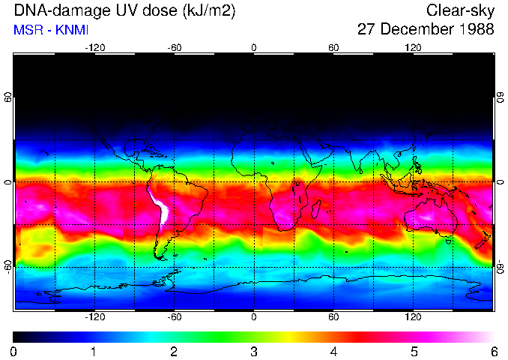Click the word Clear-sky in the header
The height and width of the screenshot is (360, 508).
coord(460,10)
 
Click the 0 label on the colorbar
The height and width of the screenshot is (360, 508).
coord(14,351)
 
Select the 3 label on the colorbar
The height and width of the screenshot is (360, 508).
coord(254,351)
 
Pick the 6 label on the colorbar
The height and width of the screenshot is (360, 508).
coord(493,351)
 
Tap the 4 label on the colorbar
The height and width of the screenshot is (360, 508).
coord(333,351)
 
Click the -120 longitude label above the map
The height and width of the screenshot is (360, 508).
coord(94,48)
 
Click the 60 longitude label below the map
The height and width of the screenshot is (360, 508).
coord(333,316)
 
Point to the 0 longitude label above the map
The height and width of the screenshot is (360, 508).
coord(254,48)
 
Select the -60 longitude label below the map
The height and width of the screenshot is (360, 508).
coord(174,316)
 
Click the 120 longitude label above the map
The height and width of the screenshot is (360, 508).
coord(413,48)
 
